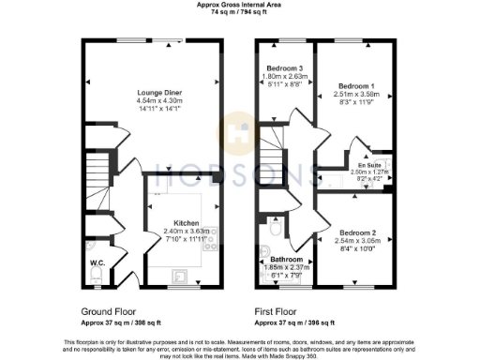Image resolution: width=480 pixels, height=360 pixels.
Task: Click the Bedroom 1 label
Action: [x=357, y=85]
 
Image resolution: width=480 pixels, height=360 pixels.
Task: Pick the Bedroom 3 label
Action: [x=285, y=68]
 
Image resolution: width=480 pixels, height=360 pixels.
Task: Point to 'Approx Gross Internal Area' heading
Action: [x=239, y=5]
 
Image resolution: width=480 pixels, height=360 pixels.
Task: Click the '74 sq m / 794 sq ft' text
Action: [x=239, y=13]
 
